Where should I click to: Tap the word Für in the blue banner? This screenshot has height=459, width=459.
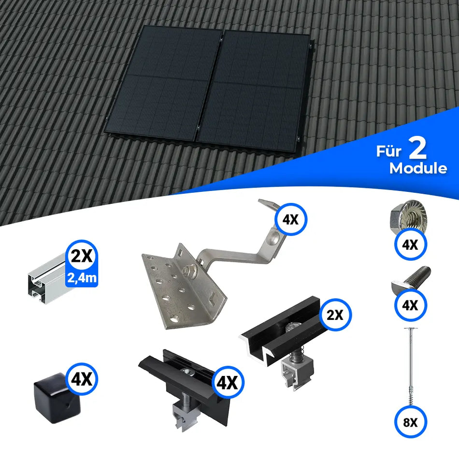pos(389,152)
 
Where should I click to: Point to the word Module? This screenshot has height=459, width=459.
pos(418,169)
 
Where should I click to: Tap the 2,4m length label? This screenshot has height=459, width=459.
pos(82,277)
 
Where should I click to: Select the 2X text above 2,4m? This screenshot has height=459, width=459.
pos(82,256)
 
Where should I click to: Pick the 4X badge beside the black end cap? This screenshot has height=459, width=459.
pos(82,379)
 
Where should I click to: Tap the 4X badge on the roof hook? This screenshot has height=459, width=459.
pos(291,220)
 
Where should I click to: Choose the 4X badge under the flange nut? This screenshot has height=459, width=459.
pos(410,245)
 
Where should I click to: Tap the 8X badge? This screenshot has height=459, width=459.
pos(410,422)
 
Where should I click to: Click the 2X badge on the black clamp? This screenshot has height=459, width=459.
pos(335,315)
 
